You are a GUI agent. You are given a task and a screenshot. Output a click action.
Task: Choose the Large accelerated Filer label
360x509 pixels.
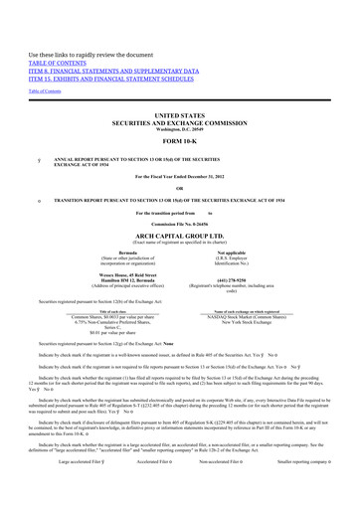pyautogui.click(x=79, y=490)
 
